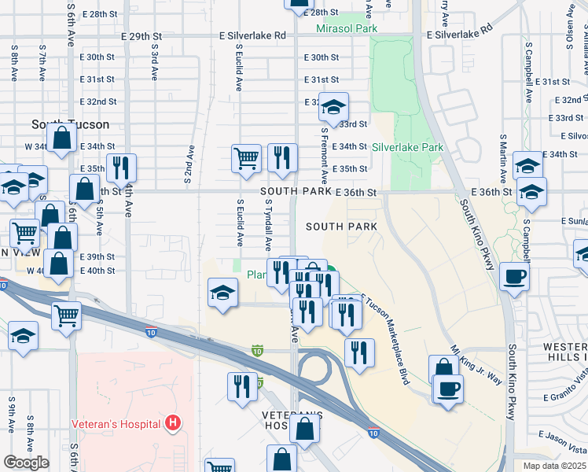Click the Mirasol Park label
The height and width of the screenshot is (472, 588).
tap(347, 29)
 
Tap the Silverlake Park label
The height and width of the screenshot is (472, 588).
tap(407, 147)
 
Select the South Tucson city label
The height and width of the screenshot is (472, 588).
tap(71, 124)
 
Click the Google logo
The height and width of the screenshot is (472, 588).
tap(25, 463)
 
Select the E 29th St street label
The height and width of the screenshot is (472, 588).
tap(141, 36)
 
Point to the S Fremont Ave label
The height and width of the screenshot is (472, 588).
tap(323, 153)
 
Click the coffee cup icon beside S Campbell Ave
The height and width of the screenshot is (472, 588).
tap(515, 278)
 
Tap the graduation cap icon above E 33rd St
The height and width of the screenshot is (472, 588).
tap(334, 106)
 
